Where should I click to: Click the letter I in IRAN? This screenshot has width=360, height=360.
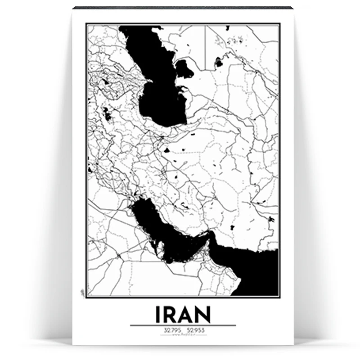click(158, 315)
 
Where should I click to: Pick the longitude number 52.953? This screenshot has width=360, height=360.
click(195, 331)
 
